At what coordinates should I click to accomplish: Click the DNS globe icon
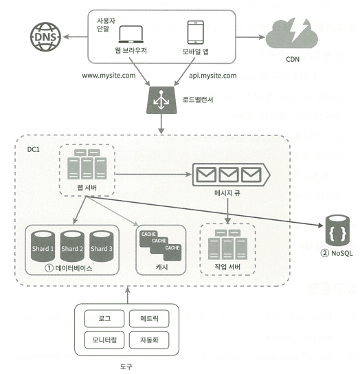pyautogui.click(x=45, y=36)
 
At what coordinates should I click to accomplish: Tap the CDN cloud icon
pyautogui.click(x=292, y=33)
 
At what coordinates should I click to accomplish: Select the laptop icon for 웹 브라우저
pyautogui.click(x=131, y=34)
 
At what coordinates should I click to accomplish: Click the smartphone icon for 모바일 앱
pyautogui.click(x=196, y=32)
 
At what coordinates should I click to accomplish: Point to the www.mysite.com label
pyautogui.click(x=109, y=76)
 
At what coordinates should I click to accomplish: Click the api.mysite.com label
pyautogui.click(x=213, y=76)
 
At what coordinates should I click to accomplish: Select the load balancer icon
pyautogui.click(x=161, y=100)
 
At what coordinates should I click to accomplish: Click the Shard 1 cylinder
pyautogui.click(x=43, y=246)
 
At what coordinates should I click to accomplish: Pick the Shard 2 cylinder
pyautogui.click(x=72, y=246)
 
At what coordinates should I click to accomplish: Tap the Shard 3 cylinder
pyautogui.click(x=101, y=246)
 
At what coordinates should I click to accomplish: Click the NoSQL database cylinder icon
pyautogui.click(x=337, y=230)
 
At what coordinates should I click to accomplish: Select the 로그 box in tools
pyautogui.click(x=104, y=318)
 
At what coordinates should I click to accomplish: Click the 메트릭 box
pyautogui.click(x=149, y=318)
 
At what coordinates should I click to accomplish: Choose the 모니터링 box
pyautogui.click(x=104, y=340)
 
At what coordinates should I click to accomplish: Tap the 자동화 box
pyautogui.click(x=149, y=340)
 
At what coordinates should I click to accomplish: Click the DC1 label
pyautogui.click(x=34, y=150)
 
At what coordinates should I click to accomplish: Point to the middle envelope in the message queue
pyautogui.click(x=228, y=175)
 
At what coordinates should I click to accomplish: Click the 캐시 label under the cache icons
pyautogui.click(x=162, y=267)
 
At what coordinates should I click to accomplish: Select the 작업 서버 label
pyautogui.click(x=227, y=267)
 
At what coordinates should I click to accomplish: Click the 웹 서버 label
pyautogui.click(x=87, y=188)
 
